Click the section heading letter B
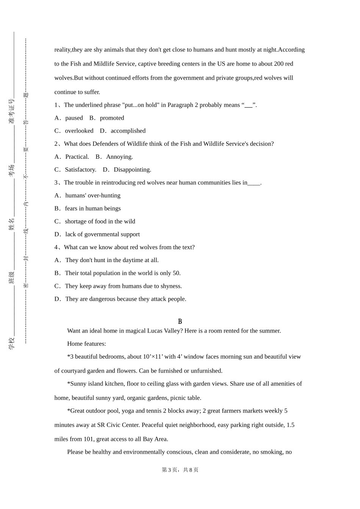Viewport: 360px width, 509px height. (x=180, y=321)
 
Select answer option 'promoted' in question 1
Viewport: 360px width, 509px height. (x=112, y=118)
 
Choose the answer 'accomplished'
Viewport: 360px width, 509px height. (x=128, y=131)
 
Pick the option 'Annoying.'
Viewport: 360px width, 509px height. (x=119, y=157)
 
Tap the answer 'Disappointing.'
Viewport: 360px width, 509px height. (x=132, y=170)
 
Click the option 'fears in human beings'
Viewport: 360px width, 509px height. (x=93, y=208)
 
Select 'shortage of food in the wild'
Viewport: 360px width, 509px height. (x=100, y=222)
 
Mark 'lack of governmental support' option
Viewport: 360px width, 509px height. (x=102, y=234)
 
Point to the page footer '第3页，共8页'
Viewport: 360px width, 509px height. (x=180, y=470)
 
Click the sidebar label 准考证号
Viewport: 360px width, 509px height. (x=11, y=111)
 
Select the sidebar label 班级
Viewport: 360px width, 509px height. (x=11, y=277)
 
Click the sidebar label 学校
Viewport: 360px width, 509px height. (x=11, y=343)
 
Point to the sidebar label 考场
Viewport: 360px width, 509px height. (x=11, y=170)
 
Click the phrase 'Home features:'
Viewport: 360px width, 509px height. (x=86, y=344)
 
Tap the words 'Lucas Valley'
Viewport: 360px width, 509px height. (x=164, y=331)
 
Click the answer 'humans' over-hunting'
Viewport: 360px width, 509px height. (x=93, y=195)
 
